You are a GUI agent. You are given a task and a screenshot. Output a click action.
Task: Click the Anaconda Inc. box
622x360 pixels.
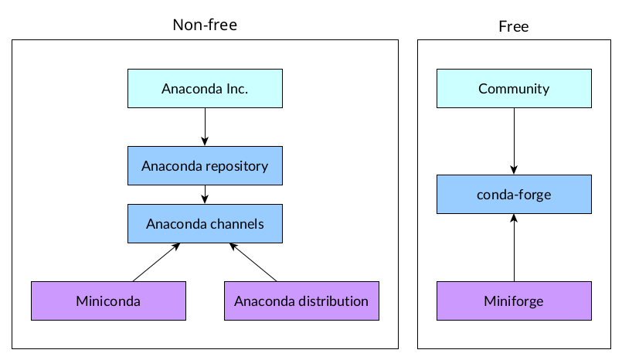(x=205, y=88)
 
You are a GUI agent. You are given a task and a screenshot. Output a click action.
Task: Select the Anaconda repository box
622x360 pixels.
(x=205, y=165)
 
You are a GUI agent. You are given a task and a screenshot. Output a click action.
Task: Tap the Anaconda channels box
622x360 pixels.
(x=205, y=224)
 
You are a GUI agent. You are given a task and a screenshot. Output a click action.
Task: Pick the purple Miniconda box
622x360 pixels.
(x=108, y=301)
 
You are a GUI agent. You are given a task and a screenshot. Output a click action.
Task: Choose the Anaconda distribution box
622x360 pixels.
(x=301, y=301)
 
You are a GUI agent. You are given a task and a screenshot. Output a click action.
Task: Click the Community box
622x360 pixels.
(x=514, y=88)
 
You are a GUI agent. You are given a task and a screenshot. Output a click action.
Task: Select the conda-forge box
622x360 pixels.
(x=514, y=194)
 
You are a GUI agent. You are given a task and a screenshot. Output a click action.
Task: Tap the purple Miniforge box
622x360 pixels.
(x=514, y=301)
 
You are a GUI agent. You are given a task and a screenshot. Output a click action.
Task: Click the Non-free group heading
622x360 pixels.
(x=205, y=25)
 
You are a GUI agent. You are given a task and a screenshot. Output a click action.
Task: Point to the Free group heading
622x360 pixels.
(x=514, y=26)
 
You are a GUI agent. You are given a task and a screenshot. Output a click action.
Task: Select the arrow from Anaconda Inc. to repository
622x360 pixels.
(x=205, y=127)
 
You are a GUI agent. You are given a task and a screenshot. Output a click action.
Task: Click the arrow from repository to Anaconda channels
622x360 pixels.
(x=205, y=195)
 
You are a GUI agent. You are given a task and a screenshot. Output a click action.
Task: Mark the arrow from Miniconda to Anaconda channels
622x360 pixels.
(x=157, y=262)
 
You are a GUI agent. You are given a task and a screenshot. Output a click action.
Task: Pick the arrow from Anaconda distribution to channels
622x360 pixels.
(x=253, y=262)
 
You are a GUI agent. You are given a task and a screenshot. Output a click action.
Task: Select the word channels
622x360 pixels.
(x=237, y=224)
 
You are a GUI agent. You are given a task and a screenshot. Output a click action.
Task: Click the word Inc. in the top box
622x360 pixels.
(x=236, y=88)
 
